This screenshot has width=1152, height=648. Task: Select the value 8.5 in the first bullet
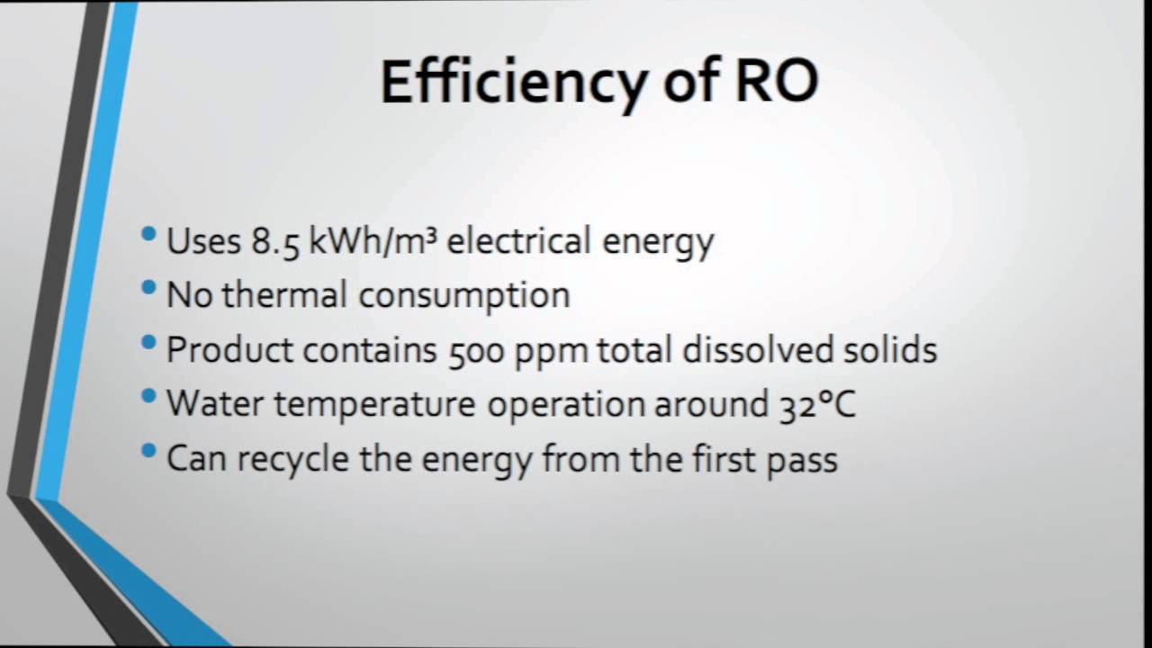point(274,242)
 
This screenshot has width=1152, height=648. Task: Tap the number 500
point(477,350)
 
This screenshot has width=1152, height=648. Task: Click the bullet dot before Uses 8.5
point(149,236)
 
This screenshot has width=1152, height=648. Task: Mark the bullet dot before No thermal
point(149,290)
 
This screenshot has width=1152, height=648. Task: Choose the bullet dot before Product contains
point(149,344)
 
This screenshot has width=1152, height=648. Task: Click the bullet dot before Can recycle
point(149,452)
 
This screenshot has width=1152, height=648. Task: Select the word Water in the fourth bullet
point(215,404)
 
